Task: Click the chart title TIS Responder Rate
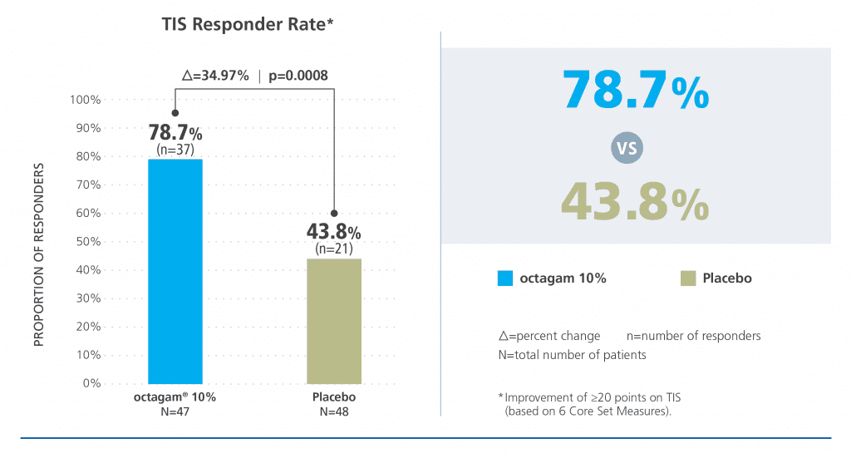[x=248, y=26]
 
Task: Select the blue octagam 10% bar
[x=175, y=270]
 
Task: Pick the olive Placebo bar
[x=334, y=320]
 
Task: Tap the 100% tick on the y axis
[x=85, y=100]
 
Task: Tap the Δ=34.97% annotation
[x=215, y=76]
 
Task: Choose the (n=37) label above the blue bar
[x=175, y=149]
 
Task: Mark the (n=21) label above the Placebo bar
[x=334, y=248]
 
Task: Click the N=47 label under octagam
[x=175, y=411]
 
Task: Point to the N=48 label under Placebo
[x=334, y=411]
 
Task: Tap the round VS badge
[x=627, y=150]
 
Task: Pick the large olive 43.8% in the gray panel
[x=636, y=201]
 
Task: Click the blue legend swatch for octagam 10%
[x=504, y=278]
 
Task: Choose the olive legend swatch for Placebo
[x=686, y=278]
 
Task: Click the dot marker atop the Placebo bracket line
[x=334, y=213]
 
